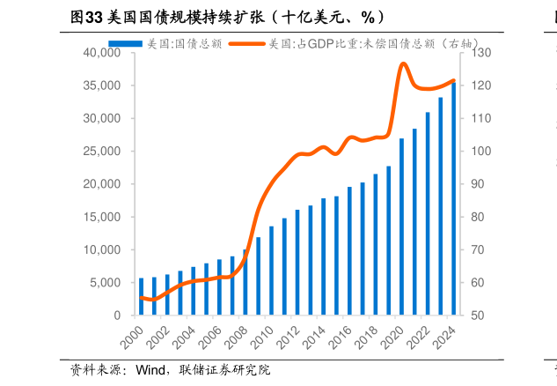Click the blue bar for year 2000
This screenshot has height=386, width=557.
pos(141,297)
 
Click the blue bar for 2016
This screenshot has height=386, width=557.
pos(349,251)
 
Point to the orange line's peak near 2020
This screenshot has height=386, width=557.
pos(403,63)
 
